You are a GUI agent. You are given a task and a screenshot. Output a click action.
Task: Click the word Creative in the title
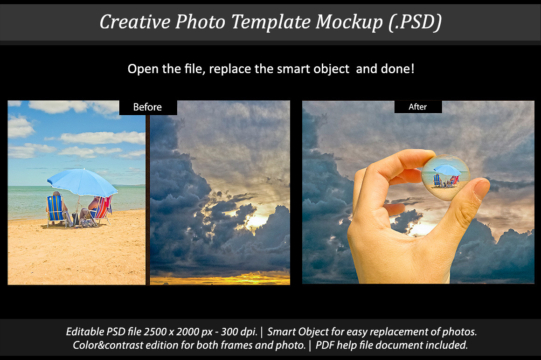[135, 22]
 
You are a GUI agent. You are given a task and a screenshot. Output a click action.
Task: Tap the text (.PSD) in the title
[415, 22]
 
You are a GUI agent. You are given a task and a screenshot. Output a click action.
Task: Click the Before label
[147, 107]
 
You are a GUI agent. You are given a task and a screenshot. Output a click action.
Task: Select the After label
[417, 107]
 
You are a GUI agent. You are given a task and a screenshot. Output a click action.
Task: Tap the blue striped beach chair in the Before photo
[55, 210]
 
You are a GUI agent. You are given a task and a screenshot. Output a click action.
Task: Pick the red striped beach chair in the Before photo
[101, 210]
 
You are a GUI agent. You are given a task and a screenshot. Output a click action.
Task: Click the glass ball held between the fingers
[446, 177]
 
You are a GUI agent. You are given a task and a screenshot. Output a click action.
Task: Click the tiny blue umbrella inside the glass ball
[447, 170]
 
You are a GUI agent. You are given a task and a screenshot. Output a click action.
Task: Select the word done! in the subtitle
[397, 69]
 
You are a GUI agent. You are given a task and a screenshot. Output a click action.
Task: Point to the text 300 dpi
[239, 332]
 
